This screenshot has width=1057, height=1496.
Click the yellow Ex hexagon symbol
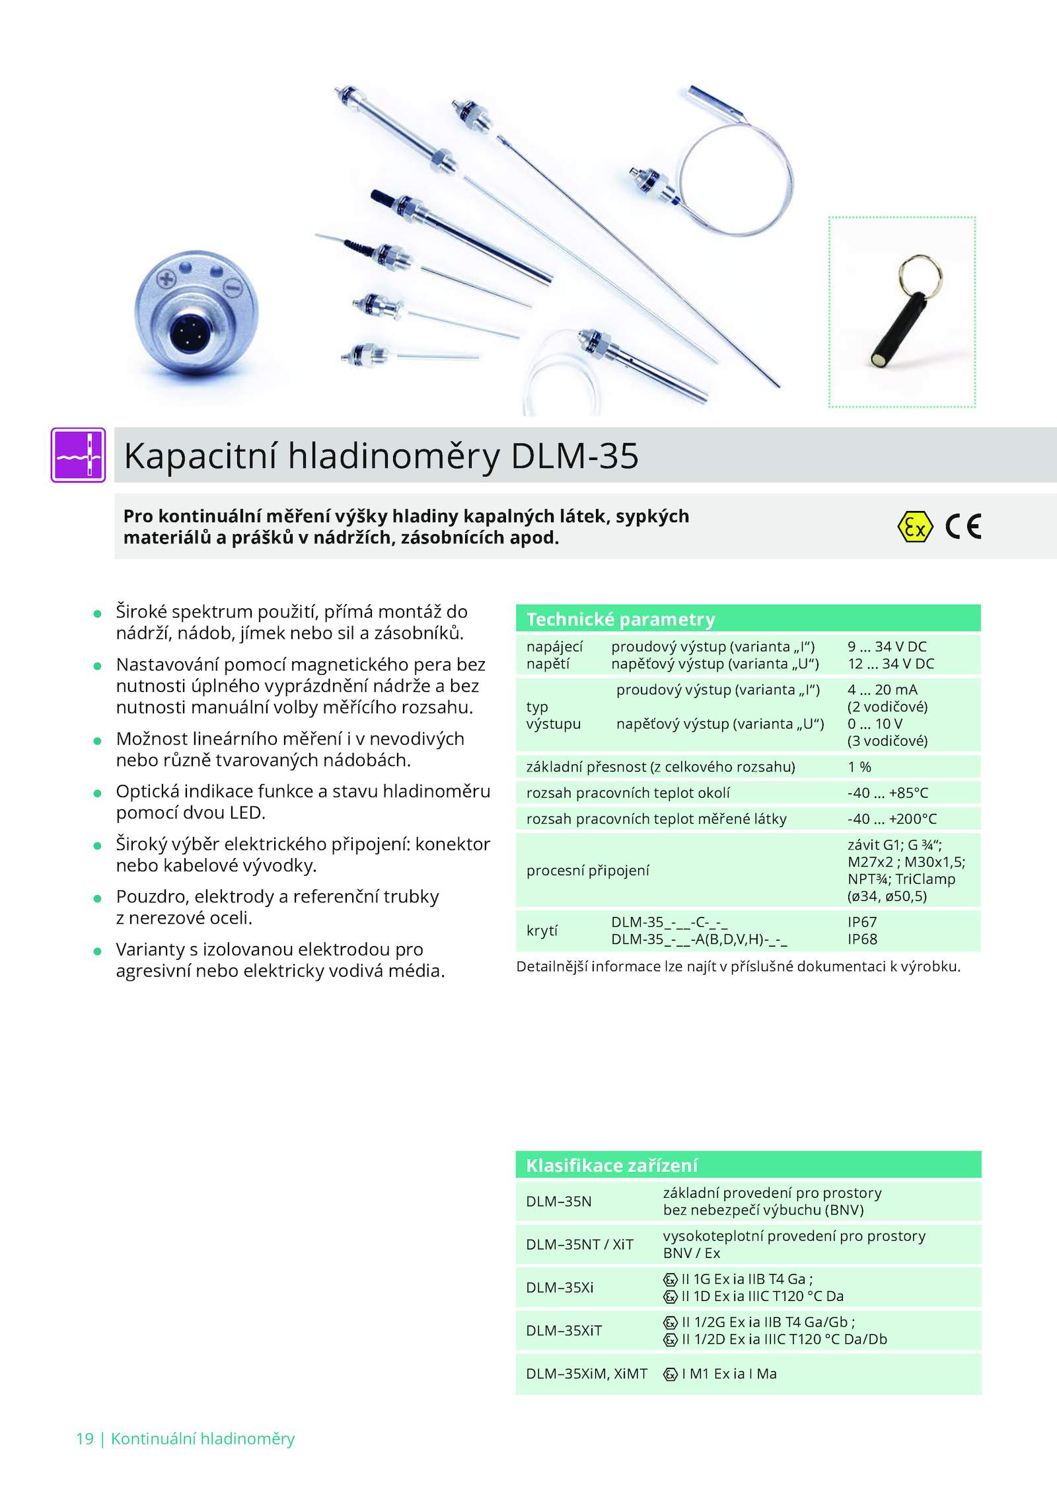pyautogui.click(x=915, y=527)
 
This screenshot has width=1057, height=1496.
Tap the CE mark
pyautogui.click(x=964, y=527)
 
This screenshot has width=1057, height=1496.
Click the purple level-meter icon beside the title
pyautogui.click(x=78, y=455)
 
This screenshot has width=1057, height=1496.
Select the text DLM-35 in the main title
pyautogui.click(x=575, y=456)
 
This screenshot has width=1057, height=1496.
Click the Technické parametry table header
pyautogui.click(x=748, y=619)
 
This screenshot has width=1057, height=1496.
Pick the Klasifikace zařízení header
pyautogui.click(x=748, y=1165)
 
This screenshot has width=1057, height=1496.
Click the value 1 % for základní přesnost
pyautogui.click(x=859, y=767)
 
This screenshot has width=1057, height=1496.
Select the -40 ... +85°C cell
pyautogui.click(x=888, y=793)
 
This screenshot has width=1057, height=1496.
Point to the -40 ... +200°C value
pyautogui.click(x=892, y=819)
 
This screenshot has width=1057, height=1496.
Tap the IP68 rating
pyautogui.click(x=862, y=939)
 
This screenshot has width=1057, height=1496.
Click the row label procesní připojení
pyautogui.click(x=587, y=871)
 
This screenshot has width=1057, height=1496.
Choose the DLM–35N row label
pyautogui.click(x=559, y=1201)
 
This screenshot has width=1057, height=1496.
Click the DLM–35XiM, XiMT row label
pyautogui.click(x=587, y=1374)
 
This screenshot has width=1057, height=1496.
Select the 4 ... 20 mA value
pyautogui.click(x=883, y=689)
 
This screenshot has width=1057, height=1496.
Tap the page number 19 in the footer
pyautogui.click(x=85, y=1439)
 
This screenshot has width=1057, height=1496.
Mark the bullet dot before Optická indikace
pyautogui.click(x=97, y=793)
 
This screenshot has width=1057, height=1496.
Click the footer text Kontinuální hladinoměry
pyautogui.click(x=203, y=1439)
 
